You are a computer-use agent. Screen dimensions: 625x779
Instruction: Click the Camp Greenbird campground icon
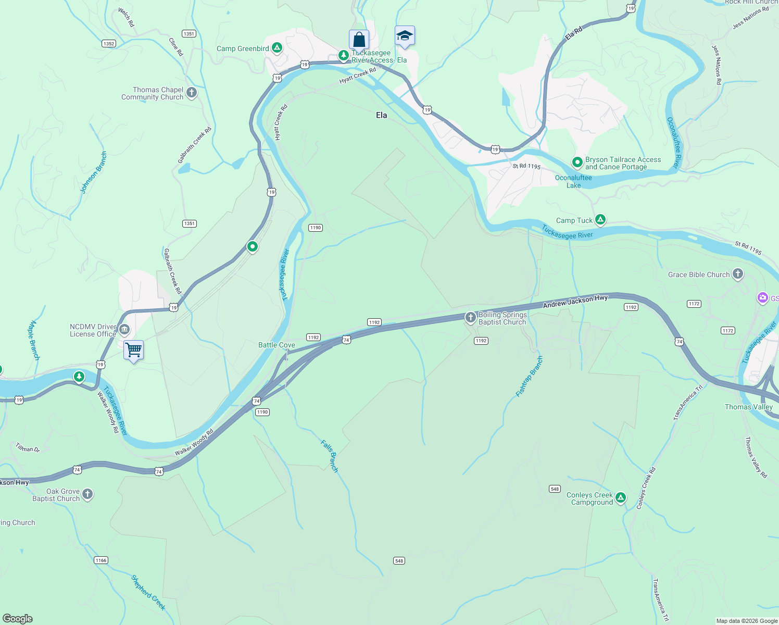[277, 48]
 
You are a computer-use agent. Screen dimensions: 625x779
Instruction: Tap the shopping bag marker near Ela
[359, 40]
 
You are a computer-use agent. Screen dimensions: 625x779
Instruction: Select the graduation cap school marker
[405, 36]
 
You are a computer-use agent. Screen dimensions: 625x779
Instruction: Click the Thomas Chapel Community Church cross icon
[192, 93]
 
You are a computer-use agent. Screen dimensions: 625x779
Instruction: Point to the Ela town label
[382, 115]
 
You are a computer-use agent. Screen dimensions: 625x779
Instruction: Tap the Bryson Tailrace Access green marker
[577, 162]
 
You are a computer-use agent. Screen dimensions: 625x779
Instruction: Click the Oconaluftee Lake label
[573, 181]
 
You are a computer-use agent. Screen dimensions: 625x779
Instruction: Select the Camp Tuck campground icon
[600, 220]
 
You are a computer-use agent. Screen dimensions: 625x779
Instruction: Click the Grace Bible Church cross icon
[737, 274]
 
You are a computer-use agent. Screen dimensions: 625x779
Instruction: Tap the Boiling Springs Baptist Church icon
[471, 318]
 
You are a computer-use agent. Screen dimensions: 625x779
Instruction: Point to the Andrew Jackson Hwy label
[575, 301]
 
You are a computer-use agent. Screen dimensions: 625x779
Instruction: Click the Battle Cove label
[277, 345]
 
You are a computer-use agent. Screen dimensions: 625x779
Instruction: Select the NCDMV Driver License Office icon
[124, 329]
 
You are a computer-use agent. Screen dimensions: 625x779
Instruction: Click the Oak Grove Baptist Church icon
[87, 494]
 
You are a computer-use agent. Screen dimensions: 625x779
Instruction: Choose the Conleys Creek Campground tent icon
[620, 498]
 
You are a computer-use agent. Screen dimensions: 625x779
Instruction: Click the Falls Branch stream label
[330, 456]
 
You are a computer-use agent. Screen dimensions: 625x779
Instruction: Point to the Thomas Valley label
[749, 407]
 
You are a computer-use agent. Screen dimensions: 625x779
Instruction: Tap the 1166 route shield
[101, 560]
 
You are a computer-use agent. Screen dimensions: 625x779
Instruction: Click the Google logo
[18, 619]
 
